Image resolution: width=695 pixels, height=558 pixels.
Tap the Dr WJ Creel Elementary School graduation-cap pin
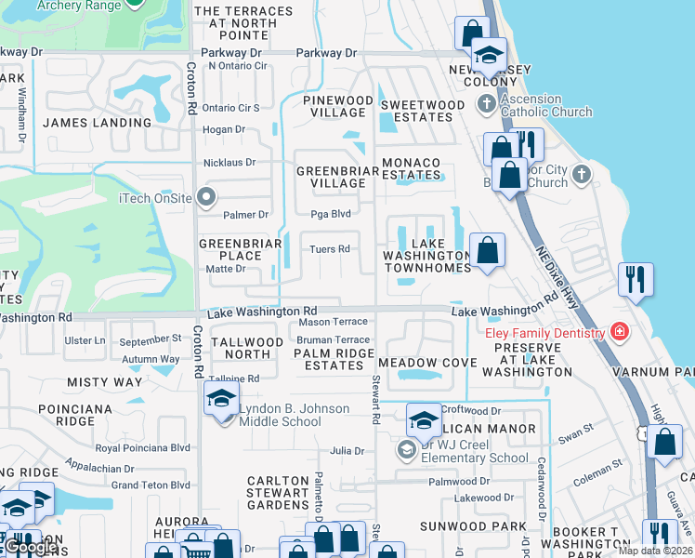(424, 420)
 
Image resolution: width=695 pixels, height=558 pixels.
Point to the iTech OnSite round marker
(205, 196)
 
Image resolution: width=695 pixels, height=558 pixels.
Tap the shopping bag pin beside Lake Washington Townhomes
(487, 250)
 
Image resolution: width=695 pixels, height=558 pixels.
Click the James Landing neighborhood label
(97, 123)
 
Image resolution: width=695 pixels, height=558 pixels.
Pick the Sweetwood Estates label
(422, 112)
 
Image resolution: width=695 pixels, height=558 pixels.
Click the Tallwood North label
(247, 348)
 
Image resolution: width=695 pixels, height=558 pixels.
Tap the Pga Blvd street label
(330, 214)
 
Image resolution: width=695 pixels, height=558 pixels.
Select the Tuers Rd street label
(330, 249)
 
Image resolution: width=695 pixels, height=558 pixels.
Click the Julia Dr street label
(347, 452)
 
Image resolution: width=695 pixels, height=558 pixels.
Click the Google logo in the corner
(31, 548)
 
